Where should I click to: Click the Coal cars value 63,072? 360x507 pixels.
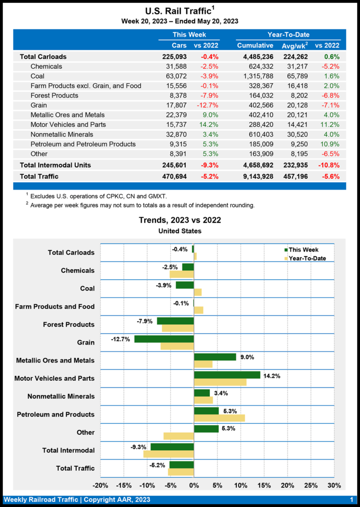173,76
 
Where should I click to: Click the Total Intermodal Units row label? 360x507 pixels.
55,165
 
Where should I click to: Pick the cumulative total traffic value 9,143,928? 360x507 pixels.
255,176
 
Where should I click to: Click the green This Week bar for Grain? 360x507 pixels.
164,339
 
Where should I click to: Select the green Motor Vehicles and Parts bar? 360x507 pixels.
227,375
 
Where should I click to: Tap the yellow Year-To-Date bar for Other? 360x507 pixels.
178,436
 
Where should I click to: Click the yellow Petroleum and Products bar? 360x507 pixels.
219,418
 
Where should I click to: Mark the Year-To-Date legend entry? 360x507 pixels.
307,258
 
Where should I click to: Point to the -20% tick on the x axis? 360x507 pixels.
101,485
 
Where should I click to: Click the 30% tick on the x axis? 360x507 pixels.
334,485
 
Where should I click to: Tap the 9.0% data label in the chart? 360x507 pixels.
246,356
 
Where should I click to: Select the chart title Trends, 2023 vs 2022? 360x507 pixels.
180,220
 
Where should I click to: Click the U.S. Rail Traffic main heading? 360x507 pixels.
180,11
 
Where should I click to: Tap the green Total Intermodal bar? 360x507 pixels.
172,447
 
